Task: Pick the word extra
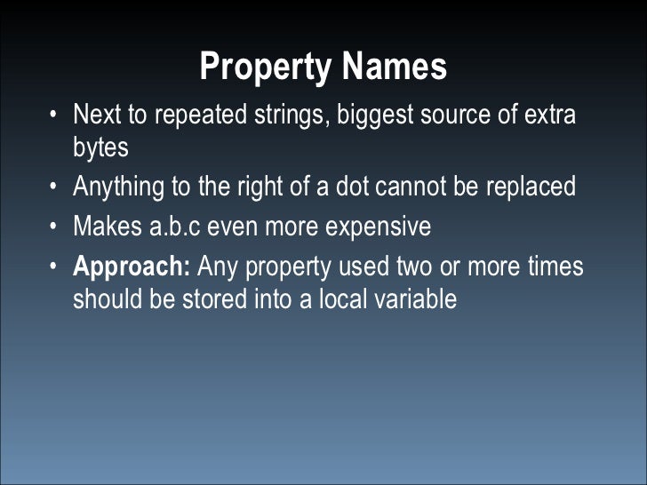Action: tap(549, 115)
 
